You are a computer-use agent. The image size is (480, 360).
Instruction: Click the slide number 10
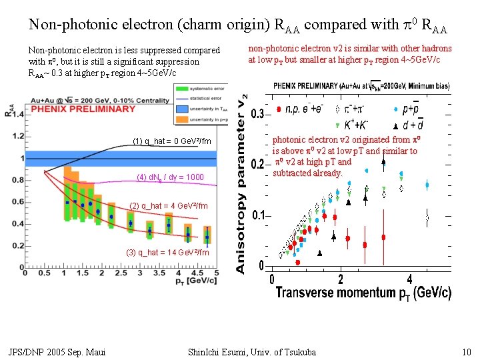coord(466,352)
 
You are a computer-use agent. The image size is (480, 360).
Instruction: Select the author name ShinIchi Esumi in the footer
coord(253,352)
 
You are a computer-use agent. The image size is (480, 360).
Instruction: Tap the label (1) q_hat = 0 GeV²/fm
coord(172,141)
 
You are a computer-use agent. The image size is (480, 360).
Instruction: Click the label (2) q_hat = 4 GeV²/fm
coord(169,206)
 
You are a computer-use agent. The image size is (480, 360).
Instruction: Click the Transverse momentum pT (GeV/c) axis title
coord(363,293)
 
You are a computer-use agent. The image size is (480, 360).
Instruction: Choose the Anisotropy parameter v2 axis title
coord(241,180)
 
